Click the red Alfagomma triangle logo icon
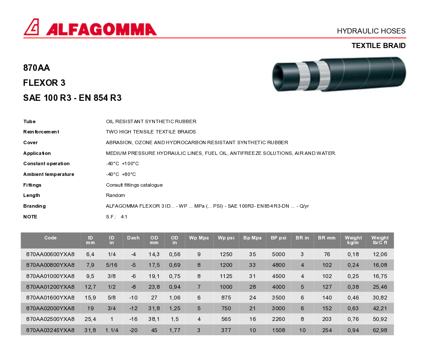click(x=31, y=27)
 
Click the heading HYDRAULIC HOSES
click(x=371, y=31)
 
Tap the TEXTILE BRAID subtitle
click(x=378, y=45)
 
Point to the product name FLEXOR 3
click(x=44, y=83)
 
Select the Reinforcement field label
click(x=41, y=132)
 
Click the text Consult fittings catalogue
click(x=134, y=185)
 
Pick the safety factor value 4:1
click(x=124, y=217)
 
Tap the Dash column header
click(x=133, y=238)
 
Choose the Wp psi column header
click(x=226, y=238)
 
